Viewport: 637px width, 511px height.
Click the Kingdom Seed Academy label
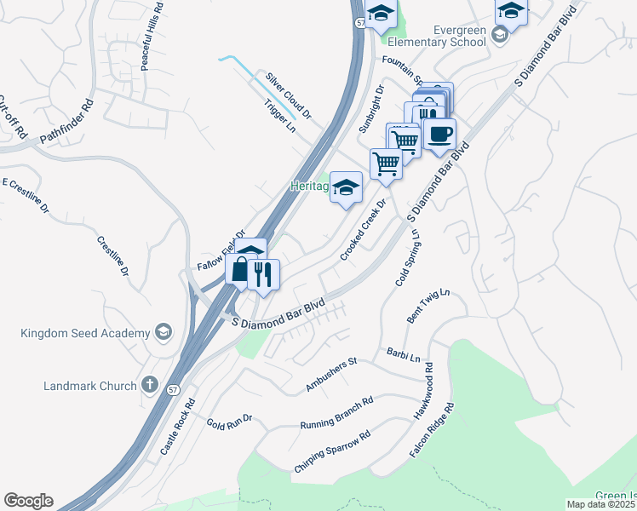[x=85, y=332]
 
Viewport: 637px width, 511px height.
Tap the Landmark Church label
[x=89, y=386]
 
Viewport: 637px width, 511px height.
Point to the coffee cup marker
[x=439, y=135]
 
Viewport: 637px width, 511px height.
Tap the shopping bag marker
[x=240, y=271]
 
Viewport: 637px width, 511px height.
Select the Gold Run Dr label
[x=230, y=422]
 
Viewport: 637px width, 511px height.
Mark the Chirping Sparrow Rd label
[x=332, y=452]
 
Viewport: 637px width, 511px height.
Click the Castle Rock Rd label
[x=178, y=426]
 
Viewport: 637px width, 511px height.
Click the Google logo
[x=28, y=501]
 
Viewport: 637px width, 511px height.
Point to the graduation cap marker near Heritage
[x=346, y=188]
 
